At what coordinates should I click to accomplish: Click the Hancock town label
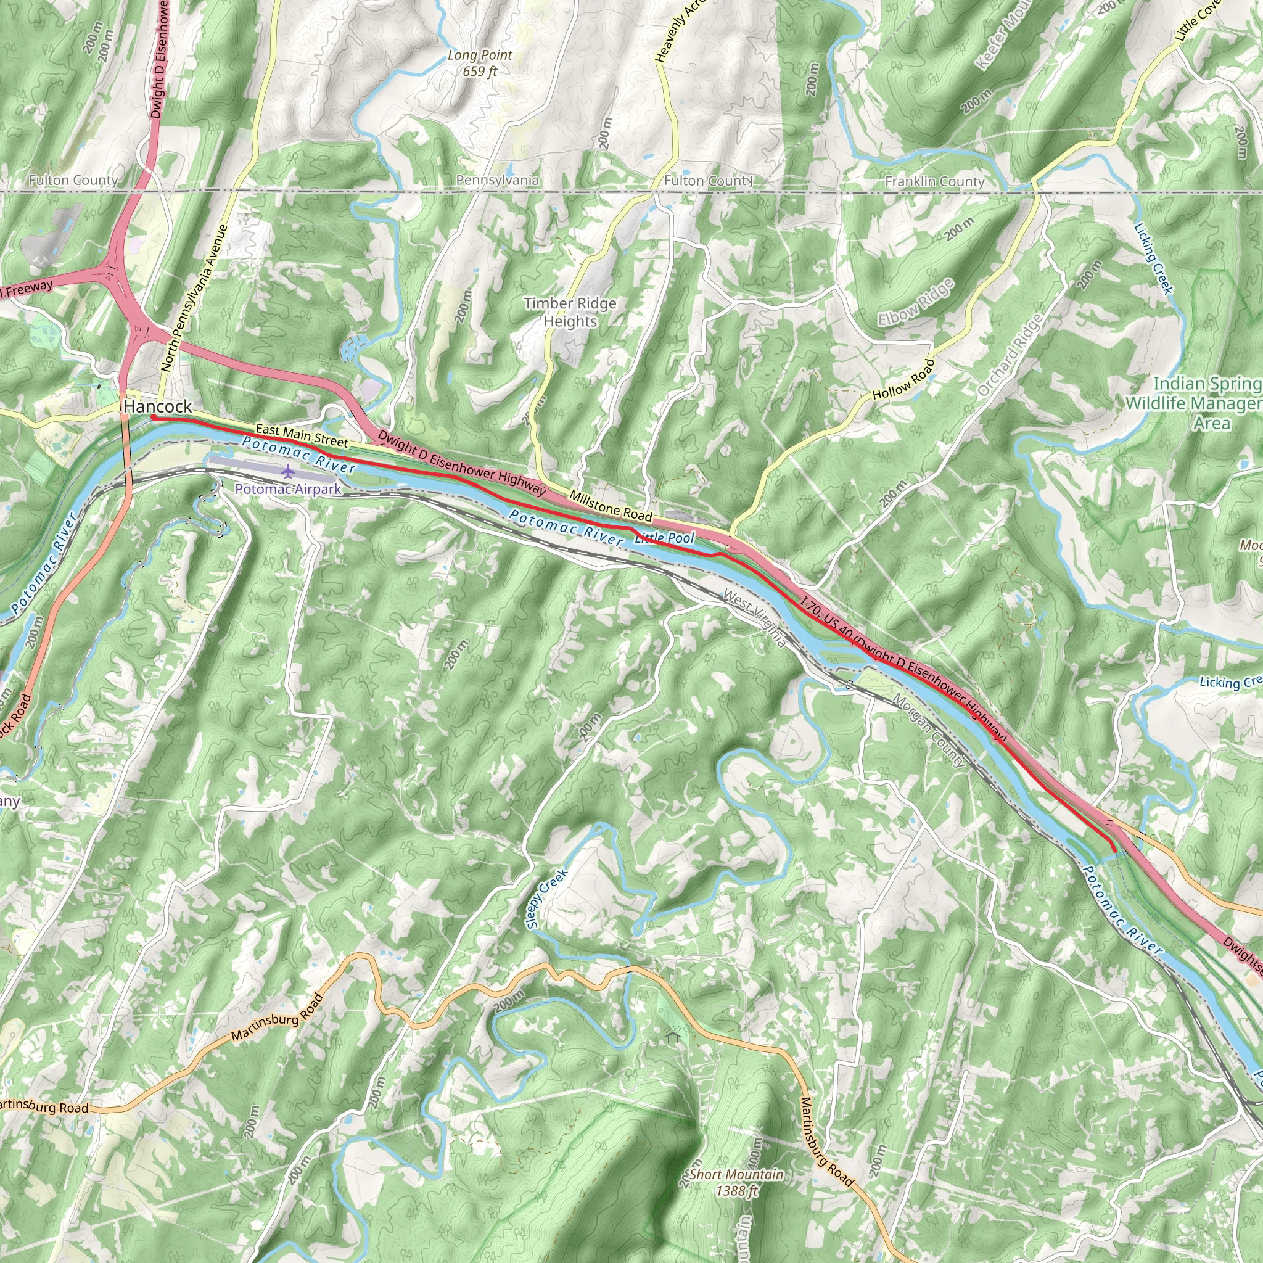point(157,406)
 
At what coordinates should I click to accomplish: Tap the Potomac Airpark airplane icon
point(287,471)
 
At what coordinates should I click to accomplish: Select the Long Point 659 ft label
point(480,64)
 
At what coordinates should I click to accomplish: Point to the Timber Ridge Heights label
point(570,313)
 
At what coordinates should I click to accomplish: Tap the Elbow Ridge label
point(916,302)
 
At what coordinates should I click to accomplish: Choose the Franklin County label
point(934,182)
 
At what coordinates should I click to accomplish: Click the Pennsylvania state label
point(498,181)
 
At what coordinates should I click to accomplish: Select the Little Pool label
point(665,538)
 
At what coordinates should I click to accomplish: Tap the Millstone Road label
point(611,506)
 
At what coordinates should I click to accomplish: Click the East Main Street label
point(302,435)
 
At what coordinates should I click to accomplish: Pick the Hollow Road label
point(903,380)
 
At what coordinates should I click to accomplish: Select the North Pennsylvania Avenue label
point(195,298)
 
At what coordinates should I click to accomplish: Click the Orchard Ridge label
point(1010,355)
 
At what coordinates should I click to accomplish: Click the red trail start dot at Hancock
point(153,417)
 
